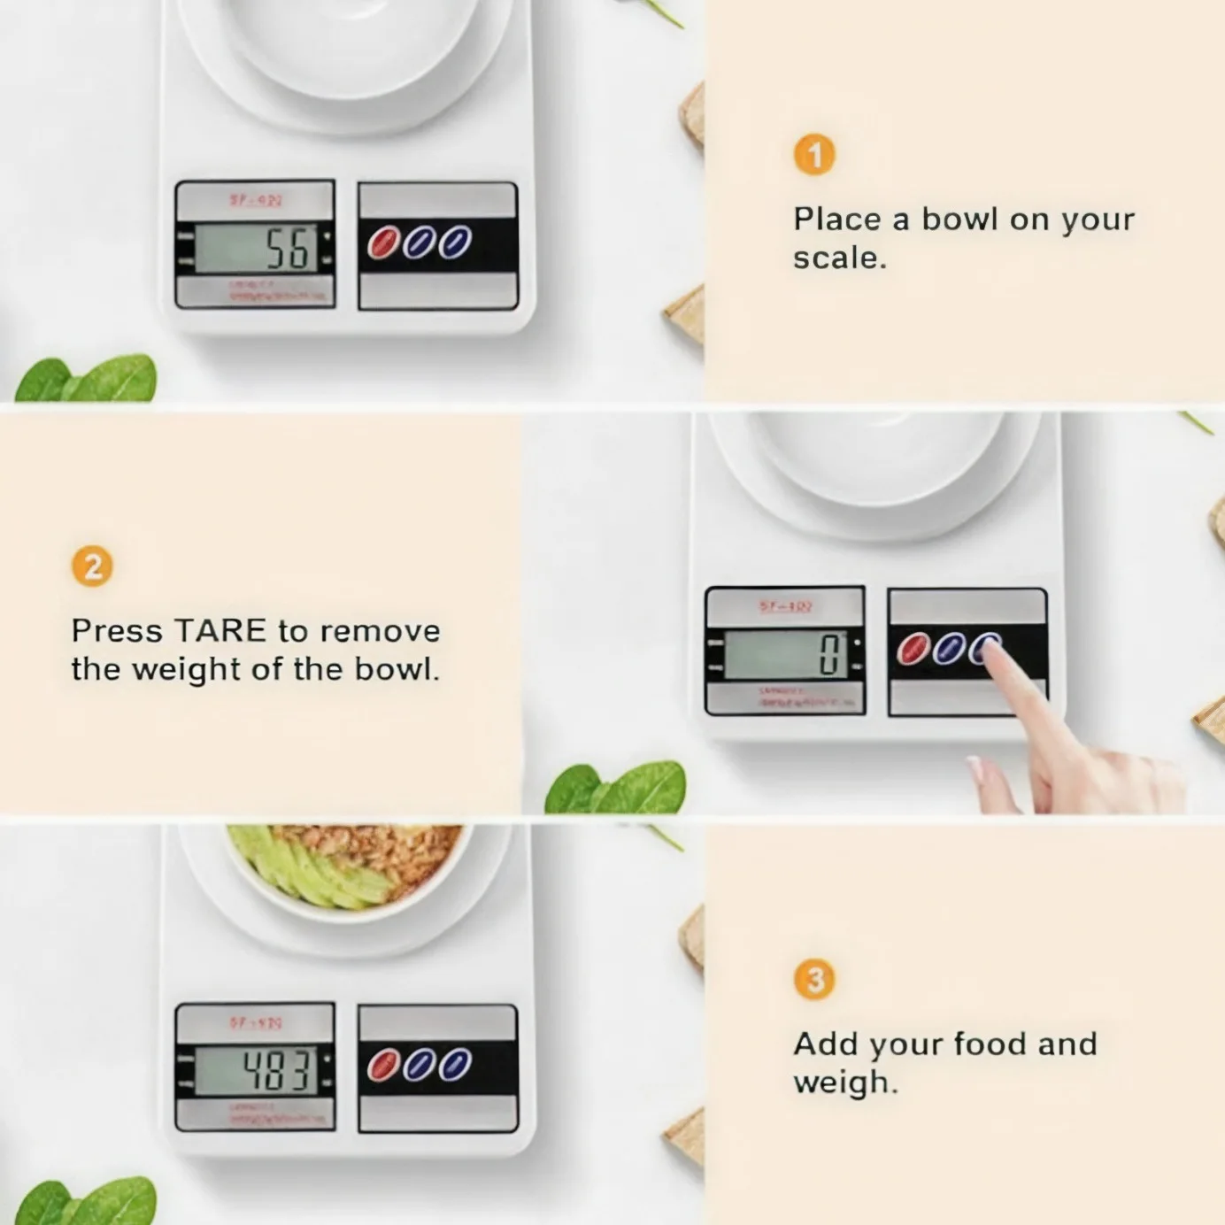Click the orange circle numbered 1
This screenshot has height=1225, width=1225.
point(814,155)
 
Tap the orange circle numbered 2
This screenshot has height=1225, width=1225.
point(92,566)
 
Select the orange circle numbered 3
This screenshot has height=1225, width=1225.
point(814,980)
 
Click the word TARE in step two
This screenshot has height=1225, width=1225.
point(220,631)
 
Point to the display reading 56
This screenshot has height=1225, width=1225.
point(255,249)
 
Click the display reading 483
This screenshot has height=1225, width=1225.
point(255,1071)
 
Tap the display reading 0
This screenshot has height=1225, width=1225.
point(785,655)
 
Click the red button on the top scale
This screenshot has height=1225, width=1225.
point(383,243)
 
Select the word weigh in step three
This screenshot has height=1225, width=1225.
point(844,1082)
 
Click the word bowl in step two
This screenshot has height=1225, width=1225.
point(395,669)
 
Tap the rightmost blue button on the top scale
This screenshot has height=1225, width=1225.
point(455,243)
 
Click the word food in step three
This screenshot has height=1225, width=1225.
point(991,1044)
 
